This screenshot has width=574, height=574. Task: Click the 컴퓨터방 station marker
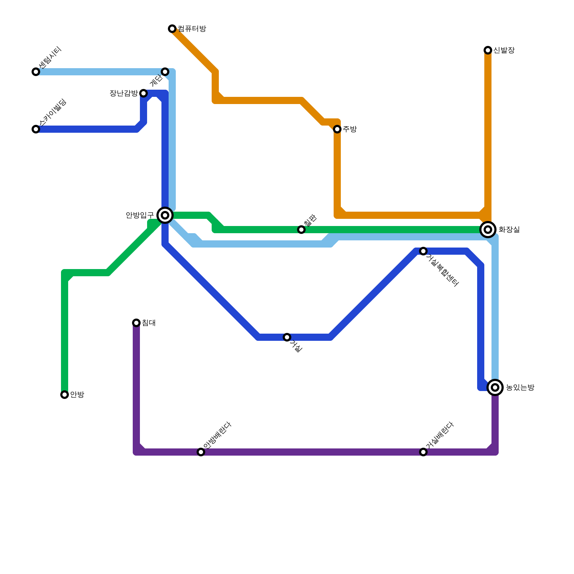click(172, 29)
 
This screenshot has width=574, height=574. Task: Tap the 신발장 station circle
click(488, 50)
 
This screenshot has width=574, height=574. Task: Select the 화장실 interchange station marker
click(488, 230)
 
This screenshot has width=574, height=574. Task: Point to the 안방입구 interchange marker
click(165, 215)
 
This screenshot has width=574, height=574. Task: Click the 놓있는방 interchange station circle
click(495, 387)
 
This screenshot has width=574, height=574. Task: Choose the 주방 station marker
click(337, 129)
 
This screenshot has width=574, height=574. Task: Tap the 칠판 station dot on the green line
click(301, 230)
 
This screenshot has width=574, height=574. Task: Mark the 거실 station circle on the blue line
click(287, 337)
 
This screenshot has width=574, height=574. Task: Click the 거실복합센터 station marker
click(423, 251)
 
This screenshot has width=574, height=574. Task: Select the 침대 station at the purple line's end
click(136, 323)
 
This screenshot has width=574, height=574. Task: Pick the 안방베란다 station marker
click(201, 452)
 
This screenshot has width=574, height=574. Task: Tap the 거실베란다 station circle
click(423, 452)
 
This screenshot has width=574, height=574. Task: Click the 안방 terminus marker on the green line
click(65, 395)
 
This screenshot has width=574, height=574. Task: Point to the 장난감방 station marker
click(143, 93)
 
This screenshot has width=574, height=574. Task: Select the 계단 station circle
click(165, 72)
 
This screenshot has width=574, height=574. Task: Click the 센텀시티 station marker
click(36, 72)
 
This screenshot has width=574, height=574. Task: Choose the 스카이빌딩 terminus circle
click(36, 129)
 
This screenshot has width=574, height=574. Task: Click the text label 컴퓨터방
click(192, 29)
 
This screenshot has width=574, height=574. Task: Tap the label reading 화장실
click(509, 230)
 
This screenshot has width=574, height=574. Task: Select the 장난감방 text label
click(123, 93)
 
